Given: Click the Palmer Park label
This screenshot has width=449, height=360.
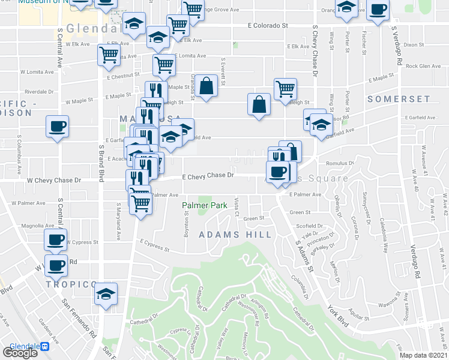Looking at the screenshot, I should (205, 206).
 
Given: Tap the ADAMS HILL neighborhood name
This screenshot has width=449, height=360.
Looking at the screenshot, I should (235, 235).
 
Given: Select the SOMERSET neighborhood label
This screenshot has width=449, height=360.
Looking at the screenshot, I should (399, 99).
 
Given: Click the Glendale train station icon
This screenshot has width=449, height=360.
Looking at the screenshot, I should (44, 347).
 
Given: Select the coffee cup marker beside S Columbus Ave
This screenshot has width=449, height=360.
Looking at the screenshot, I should (57, 127).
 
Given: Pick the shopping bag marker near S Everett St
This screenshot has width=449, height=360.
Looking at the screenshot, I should (206, 86).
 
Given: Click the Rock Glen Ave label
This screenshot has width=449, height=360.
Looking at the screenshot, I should (423, 66).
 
